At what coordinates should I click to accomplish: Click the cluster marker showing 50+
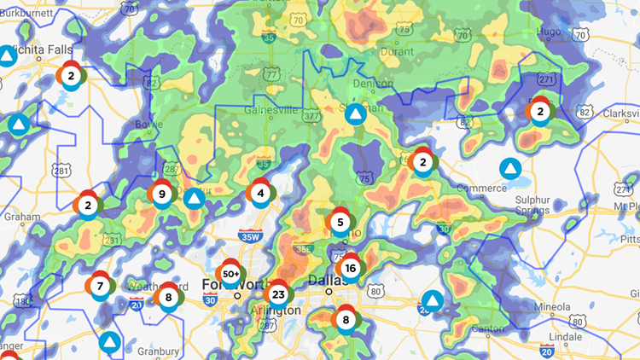tap(230, 274)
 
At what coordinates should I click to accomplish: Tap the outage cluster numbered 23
tap(278, 294)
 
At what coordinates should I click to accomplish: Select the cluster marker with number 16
tap(350, 267)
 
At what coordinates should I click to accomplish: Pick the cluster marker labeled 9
tap(161, 194)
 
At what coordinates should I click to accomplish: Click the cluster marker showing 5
tap(340, 223)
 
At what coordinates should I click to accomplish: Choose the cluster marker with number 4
tap(261, 193)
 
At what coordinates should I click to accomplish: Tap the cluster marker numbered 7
tap(100, 286)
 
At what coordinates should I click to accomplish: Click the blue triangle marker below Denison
tap(356, 113)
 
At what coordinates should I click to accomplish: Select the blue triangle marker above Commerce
tap(510, 168)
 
